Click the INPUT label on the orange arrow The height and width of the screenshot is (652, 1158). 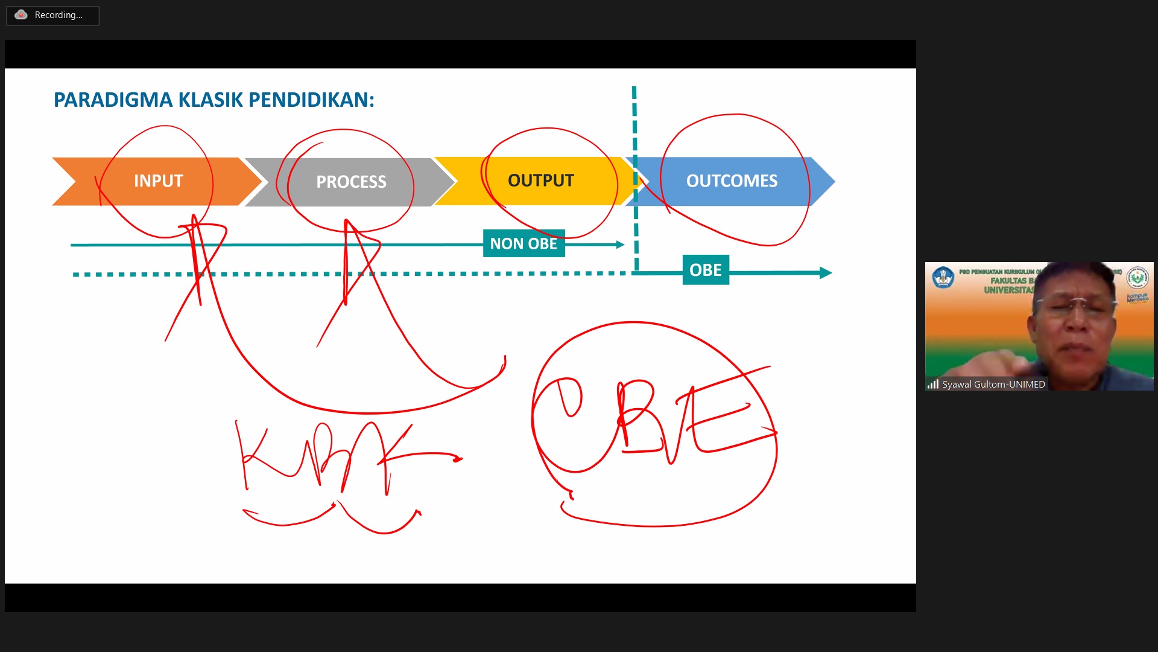[x=158, y=181]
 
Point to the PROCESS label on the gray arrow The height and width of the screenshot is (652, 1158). [x=351, y=182]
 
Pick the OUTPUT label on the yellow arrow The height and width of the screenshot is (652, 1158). [x=540, y=181]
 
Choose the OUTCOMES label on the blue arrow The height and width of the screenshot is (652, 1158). [x=732, y=181]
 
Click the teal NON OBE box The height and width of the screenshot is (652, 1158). [x=524, y=243]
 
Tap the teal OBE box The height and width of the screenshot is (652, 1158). [x=706, y=270]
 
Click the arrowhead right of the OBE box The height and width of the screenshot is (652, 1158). [x=826, y=273]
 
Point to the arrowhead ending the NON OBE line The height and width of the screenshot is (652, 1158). [x=620, y=245]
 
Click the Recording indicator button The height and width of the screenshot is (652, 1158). [x=52, y=15]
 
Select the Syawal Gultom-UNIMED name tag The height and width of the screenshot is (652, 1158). [x=993, y=385]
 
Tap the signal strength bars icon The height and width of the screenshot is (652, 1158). [x=933, y=385]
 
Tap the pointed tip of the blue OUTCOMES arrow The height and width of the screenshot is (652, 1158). [x=834, y=181]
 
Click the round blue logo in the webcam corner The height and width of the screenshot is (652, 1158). [x=943, y=278]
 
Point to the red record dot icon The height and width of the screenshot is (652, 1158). [x=21, y=15]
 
